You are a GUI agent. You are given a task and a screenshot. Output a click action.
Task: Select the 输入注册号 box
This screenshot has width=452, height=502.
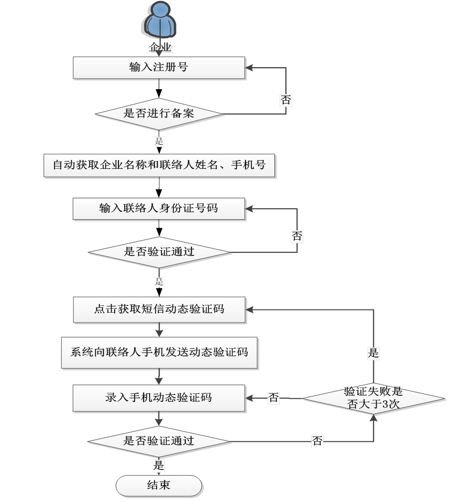click(159, 67)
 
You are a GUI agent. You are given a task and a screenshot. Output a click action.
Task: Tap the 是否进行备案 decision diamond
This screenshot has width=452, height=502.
click(159, 113)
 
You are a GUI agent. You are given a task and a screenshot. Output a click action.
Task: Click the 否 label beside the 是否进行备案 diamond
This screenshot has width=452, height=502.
click(285, 100)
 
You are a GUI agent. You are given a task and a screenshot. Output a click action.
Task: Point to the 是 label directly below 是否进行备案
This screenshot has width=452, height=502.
click(159, 141)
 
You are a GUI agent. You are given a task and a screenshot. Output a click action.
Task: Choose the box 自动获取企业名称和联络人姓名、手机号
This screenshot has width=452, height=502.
click(159, 166)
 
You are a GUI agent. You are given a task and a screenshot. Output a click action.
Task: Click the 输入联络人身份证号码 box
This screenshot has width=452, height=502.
click(159, 208)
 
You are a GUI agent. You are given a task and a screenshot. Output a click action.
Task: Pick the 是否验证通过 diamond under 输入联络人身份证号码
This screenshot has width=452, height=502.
click(159, 252)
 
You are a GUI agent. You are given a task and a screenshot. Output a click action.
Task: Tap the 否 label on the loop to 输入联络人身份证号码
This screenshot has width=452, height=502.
click(297, 237)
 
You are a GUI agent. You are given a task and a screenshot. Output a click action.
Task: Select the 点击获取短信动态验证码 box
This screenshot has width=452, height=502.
click(159, 309)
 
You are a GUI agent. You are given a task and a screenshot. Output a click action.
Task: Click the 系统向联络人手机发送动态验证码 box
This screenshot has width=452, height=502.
click(159, 351)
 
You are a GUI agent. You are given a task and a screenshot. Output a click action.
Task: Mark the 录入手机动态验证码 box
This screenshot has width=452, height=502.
click(159, 398)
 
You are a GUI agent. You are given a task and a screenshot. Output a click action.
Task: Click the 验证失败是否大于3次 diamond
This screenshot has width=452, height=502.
click(373, 398)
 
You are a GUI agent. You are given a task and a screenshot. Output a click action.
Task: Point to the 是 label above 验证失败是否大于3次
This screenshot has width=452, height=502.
click(373, 354)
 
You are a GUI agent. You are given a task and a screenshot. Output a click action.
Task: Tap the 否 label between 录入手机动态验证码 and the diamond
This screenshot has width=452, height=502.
click(273, 398)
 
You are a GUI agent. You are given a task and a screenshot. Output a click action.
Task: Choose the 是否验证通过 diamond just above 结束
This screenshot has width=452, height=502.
click(159, 441)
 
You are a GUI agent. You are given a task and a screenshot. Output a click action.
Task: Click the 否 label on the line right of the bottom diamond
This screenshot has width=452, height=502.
click(317, 442)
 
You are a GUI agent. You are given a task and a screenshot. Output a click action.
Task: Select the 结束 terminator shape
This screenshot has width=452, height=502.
click(159, 485)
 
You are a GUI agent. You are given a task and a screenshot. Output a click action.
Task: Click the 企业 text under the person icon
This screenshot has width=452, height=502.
click(160, 48)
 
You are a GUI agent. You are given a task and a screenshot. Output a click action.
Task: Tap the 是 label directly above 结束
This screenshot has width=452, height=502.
click(159, 465)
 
